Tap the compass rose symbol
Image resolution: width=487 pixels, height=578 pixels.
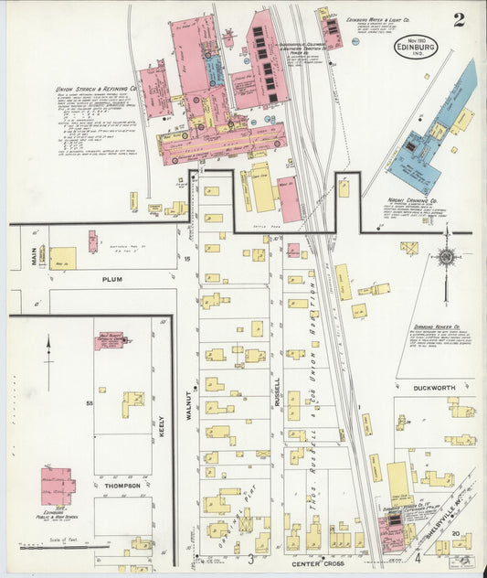pos(446,257)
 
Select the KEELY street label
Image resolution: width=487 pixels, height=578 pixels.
pos(162,426)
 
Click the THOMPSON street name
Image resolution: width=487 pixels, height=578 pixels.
pos(122,486)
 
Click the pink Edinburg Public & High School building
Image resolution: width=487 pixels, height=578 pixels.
pos(57,486)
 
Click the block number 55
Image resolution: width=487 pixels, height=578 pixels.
pos(90,403)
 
